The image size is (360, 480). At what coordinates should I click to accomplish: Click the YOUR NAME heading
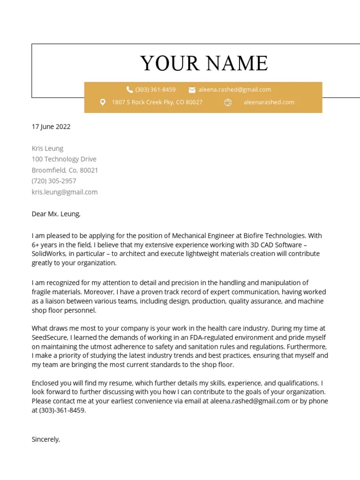(x=204, y=63)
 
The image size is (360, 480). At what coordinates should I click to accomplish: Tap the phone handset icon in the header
(x=130, y=90)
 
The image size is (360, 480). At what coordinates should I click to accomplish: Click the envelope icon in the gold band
(x=192, y=90)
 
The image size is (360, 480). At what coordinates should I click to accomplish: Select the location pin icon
(x=103, y=102)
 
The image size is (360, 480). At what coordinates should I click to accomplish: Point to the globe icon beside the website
(x=228, y=102)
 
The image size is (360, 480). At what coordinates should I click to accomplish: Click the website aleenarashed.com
(x=269, y=102)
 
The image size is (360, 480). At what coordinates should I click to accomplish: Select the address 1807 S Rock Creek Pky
(x=157, y=102)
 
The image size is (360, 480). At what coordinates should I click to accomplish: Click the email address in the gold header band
(x=234, y=90)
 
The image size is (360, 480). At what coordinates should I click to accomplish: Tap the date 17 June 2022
(x=51, y=127)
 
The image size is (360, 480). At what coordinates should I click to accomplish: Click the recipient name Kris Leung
(x=47, y=148)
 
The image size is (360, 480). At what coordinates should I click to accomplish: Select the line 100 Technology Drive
(x=64, y=159)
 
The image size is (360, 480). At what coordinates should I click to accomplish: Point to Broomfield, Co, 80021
(x=65, y=170)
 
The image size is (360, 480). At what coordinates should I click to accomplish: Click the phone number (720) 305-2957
(x=54, y=181)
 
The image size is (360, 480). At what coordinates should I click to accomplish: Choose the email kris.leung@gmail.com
(x=65, y=192)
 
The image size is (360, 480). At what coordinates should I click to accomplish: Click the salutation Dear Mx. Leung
(x=56, y=214)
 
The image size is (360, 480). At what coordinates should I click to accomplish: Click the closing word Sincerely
(x=45, y=439)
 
